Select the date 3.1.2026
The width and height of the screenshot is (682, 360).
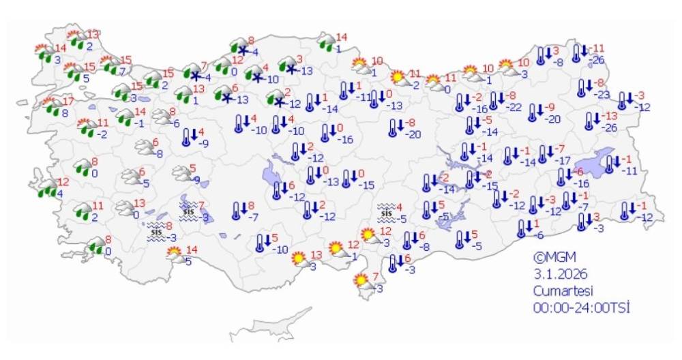560,274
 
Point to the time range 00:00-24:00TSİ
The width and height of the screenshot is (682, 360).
581,307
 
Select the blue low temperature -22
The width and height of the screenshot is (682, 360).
514,106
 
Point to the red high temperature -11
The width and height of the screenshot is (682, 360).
598,48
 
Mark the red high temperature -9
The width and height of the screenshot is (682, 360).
551,108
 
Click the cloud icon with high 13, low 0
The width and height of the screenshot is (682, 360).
124,207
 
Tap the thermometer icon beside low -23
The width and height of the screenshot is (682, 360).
581,87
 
